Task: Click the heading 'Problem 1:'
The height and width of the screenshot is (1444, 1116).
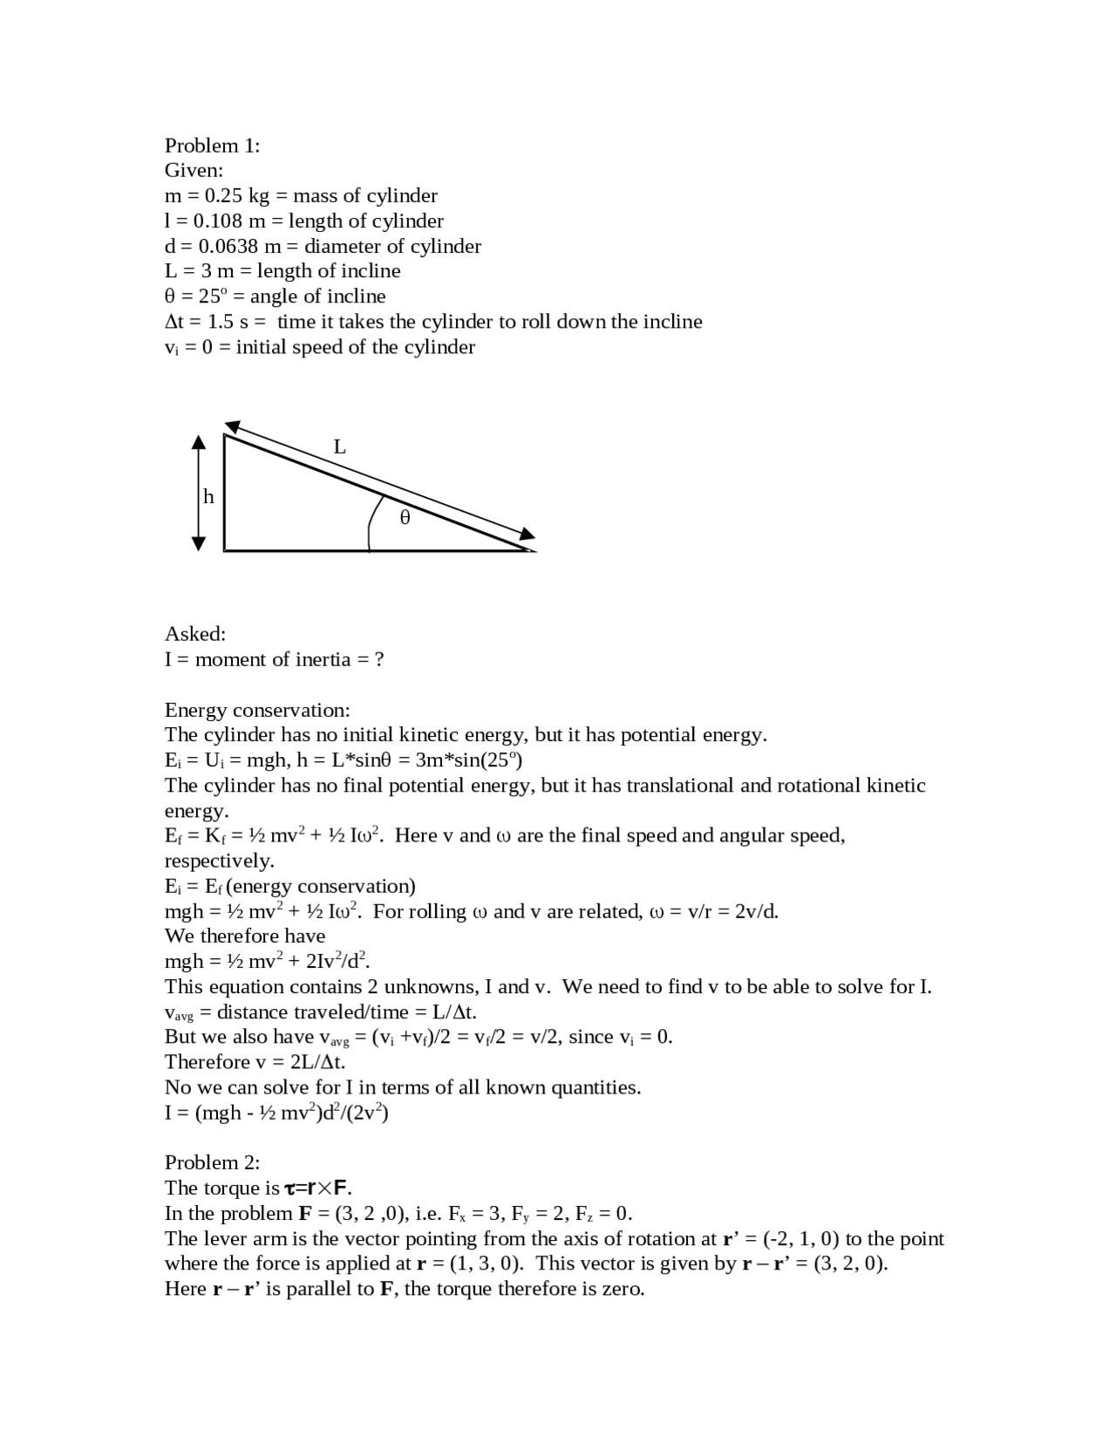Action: [212, 146]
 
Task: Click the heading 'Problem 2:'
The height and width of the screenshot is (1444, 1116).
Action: [212, 1162]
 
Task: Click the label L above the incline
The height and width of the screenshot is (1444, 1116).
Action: [340, 447]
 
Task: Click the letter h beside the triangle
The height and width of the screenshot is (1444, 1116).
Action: [208, 497]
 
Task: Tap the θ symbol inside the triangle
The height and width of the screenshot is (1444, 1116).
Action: [405, 518]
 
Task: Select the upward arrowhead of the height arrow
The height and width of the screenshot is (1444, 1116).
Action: [199, 442]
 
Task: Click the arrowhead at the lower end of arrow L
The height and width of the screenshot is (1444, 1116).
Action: [527, 535]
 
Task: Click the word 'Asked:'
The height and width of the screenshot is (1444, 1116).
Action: [195, 634]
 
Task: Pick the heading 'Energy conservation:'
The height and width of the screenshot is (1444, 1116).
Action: [257, 710]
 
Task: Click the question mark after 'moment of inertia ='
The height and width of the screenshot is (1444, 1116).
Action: [378, 659]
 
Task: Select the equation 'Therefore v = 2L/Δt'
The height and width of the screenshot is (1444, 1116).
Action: [255, 1062]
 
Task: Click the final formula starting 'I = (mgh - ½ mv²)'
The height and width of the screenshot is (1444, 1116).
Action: [276, 1114]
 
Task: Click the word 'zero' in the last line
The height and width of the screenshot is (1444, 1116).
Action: [621, 1289]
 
